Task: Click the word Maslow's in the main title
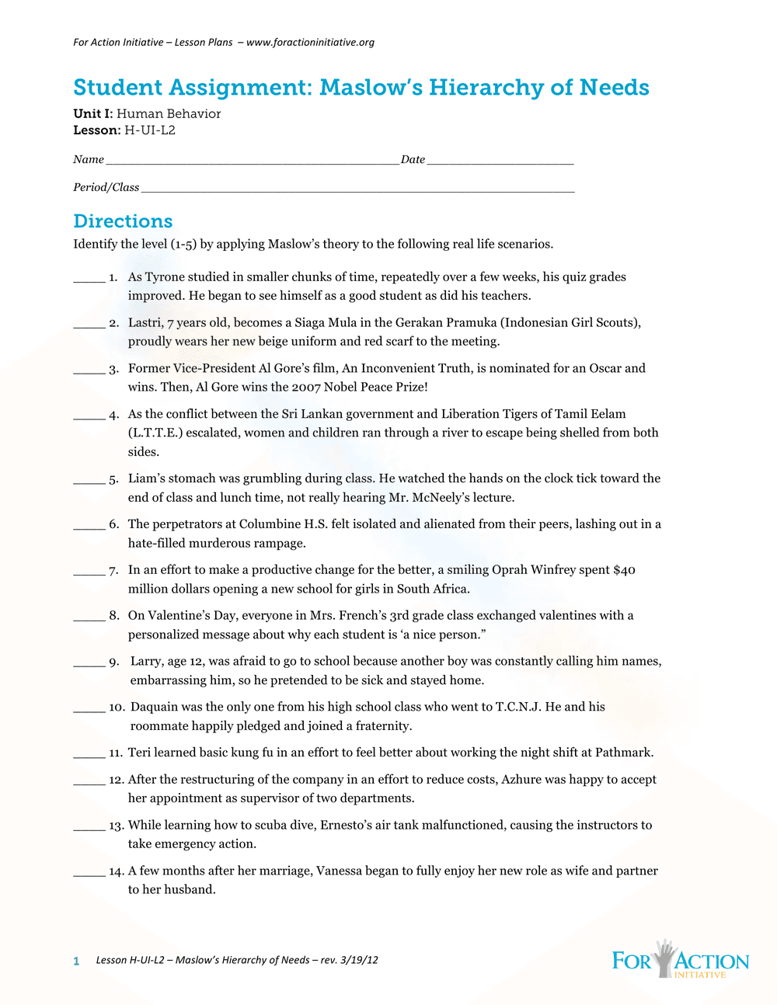click(x=371, y=88)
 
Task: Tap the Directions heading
click(x=123, y=221)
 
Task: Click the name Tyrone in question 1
click(x=165, y=277)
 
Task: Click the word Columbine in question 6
click(x=270, y=524)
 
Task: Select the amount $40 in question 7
click(x=624, y=570)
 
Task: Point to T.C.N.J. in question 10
click(x=518, y=707)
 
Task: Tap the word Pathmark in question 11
click(x=625, y=753)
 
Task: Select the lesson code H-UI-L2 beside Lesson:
click(x=150, y=130)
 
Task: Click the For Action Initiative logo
click(x=680, y=960)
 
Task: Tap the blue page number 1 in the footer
click(x=76, y=962)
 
